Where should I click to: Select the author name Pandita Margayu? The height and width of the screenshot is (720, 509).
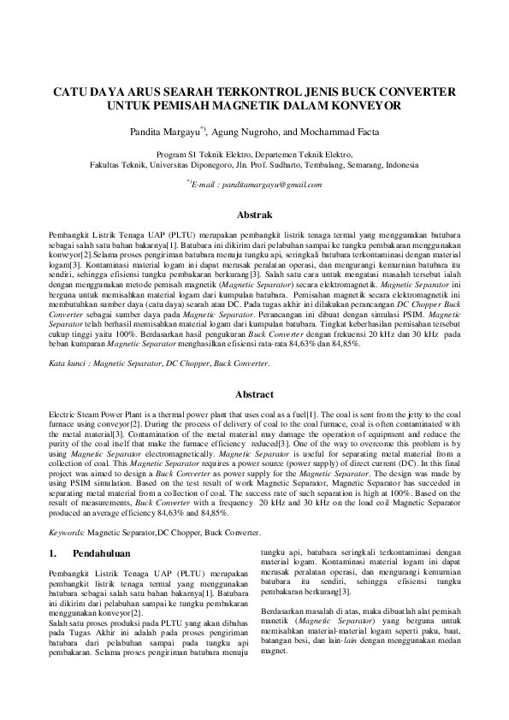click(165, 133)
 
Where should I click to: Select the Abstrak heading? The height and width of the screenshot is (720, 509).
click(254, 216)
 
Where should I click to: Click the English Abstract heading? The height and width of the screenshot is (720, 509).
click(254, 395)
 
